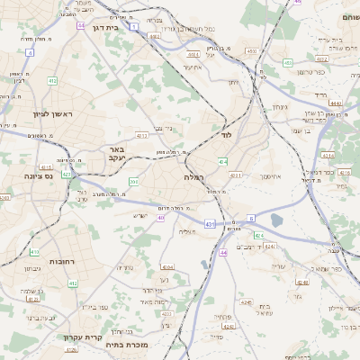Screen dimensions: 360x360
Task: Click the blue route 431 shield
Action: (210, 223)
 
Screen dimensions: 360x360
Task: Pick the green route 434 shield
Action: (223, 162)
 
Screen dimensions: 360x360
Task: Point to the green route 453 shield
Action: (286, 62)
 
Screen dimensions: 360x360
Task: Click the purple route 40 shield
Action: (161, 217)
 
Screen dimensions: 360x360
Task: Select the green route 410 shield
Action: (33, 251)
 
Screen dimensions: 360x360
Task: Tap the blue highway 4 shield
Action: (29, 53)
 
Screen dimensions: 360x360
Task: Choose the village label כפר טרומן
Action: (313, 71)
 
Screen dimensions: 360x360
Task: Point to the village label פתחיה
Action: (223, 317)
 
